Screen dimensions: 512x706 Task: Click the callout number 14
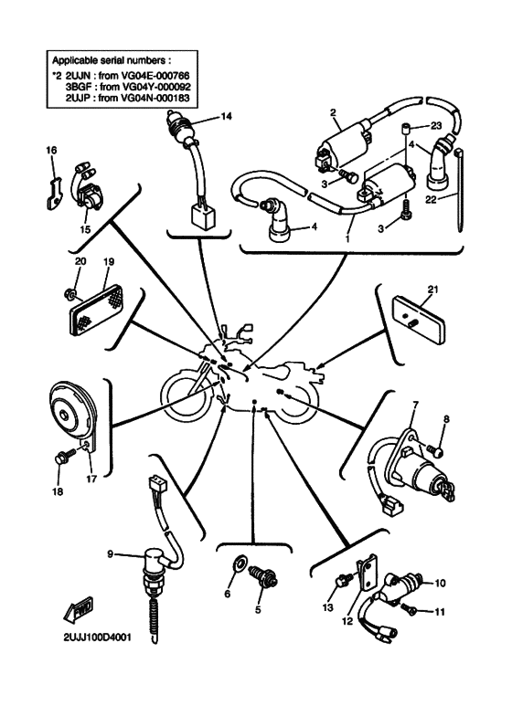[226, 117]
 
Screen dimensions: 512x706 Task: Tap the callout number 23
[436, 126]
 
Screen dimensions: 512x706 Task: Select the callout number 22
[431, 198]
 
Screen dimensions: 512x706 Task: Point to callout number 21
[432, 290]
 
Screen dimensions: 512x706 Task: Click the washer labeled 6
[238, 563]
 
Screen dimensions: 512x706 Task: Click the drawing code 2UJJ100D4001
[97, 638]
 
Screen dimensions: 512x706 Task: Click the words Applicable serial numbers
[110, 60]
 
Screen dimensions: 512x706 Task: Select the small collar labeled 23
[404, 129]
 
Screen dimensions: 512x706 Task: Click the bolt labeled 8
[435, 449]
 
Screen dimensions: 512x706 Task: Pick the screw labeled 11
[410, 610]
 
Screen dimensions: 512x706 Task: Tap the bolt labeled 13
[344, 579]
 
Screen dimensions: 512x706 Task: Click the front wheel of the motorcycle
[187, 394]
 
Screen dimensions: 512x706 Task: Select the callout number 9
[110, 553]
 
